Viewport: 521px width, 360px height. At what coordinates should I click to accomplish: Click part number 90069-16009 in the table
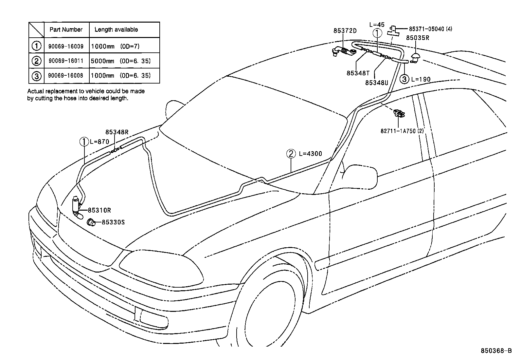[x=65, y=46]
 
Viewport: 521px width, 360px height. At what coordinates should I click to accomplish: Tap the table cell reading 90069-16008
[x=65, y=76]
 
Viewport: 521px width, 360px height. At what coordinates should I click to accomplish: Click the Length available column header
[x=116, y=29]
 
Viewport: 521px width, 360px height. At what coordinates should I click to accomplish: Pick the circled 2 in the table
[x=36, y=61]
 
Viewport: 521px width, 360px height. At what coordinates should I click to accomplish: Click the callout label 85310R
[x=99, y=210]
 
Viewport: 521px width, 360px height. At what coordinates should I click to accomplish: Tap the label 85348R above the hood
[x=117, y=132]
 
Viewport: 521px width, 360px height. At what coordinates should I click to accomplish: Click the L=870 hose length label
[x=99, y=142]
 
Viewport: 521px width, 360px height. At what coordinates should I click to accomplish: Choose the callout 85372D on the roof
[x=345, y=31]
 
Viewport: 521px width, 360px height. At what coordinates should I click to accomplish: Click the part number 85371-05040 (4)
[x=430, y=29]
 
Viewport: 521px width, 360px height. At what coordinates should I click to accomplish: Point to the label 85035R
[x=418, y=38]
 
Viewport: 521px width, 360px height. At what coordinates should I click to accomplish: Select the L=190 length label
[x=421, y=79]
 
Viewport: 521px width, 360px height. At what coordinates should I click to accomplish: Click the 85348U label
[x=376, y=83]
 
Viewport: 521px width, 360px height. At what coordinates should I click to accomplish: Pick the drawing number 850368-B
[x=496, y=351]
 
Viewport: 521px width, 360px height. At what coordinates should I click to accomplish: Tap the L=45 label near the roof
[x=377, y=25]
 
